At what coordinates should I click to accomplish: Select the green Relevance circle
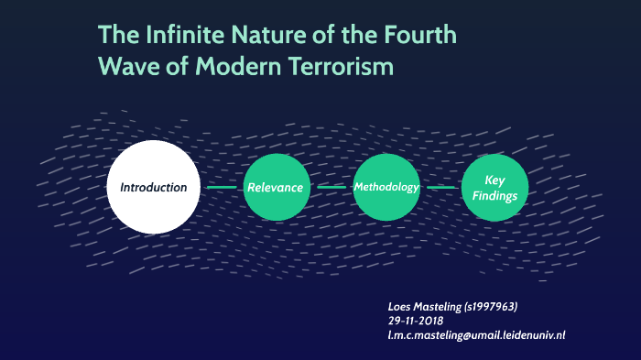pyautogui.click(x=275, y=188)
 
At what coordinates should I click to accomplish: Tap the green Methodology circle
pyautogui.click(x=386, y=187)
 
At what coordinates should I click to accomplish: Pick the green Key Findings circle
pyautogui.click(x=495, y=188)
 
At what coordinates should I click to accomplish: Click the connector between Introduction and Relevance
pyautogui.click(x=222, y=187)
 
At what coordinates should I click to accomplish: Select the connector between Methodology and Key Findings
pyautogui.click(x=441, y=187)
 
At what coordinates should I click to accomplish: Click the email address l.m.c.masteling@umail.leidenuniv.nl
pyautogui.click(x=476, y=335)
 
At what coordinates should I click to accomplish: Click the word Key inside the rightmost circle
pyautogui.click(x=495, y=180)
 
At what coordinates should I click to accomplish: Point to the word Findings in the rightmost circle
pyautogui.click(x=495, y=195)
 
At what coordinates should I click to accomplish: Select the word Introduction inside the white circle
pyautogui.click(x=153, y=187)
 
